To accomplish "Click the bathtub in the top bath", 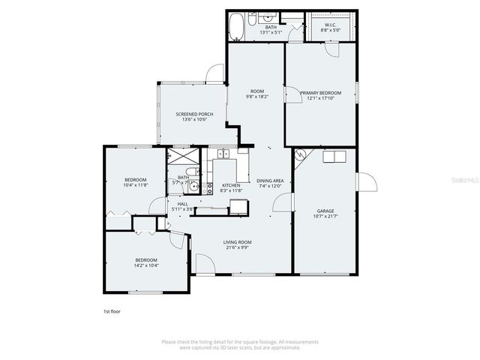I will (238, 26).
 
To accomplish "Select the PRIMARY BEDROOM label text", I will (320, 92).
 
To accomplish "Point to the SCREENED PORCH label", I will (194, 114).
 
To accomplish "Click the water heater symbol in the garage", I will (301, 155).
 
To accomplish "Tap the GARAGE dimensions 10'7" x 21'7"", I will (325, 216).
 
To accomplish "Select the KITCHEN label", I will (230, 185).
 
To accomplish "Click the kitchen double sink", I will (223, 154).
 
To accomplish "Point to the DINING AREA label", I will (269, 181).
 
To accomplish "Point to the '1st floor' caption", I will (112, 310).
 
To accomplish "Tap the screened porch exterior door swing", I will (215, 72).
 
